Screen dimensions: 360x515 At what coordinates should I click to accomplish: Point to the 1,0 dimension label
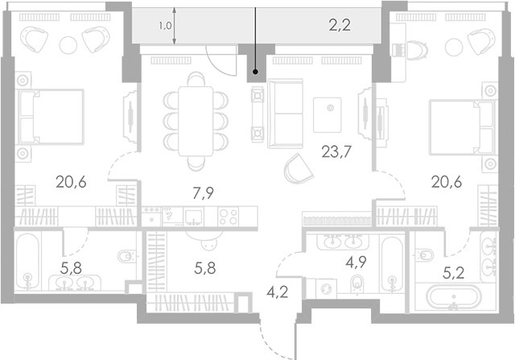pyautogui.click(x=166, y=26)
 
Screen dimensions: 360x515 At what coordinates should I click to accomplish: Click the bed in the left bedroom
pyautogui.click(x=51, y=116)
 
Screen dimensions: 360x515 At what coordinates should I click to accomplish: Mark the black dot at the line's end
pyautogui.click(x=256, y=71)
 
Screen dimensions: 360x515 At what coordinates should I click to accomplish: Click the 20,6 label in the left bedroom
pyautogui.click(x=71, y=181)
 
